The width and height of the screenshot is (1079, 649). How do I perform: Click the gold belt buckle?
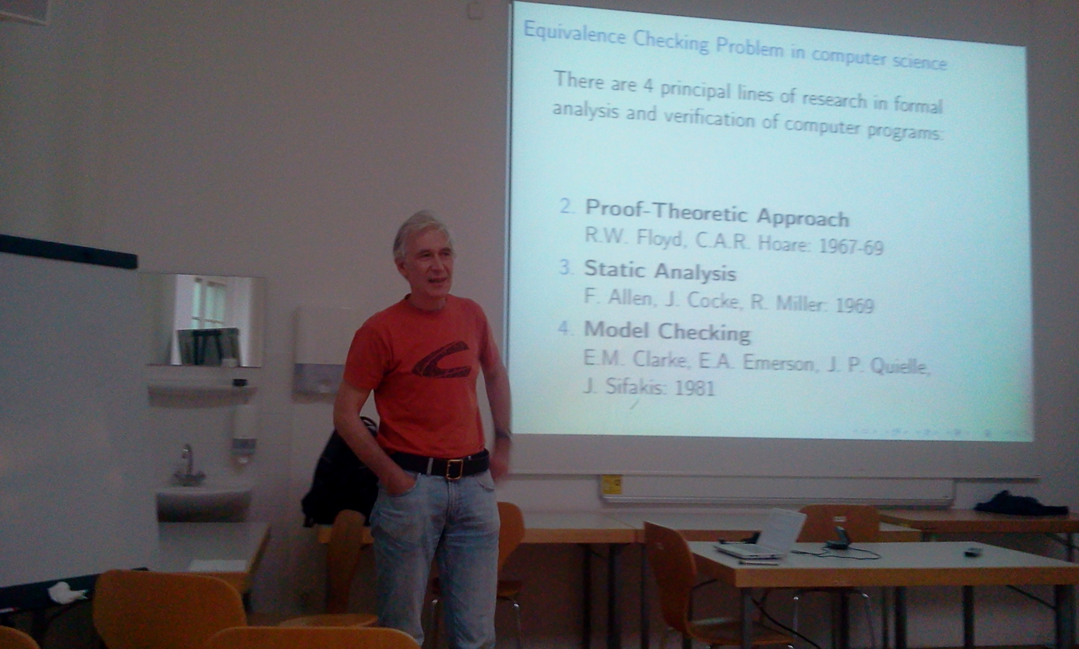(x=454, y=468)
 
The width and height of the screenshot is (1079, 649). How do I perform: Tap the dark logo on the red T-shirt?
(x=442, y=360)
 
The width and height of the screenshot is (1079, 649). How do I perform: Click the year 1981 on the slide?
(x=694, y=388)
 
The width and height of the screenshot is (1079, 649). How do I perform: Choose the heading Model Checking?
(x=668, y=331)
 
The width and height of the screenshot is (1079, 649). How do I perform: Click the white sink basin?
(x=203, y=500)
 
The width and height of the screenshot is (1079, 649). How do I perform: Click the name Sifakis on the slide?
(x=625, y=387)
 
